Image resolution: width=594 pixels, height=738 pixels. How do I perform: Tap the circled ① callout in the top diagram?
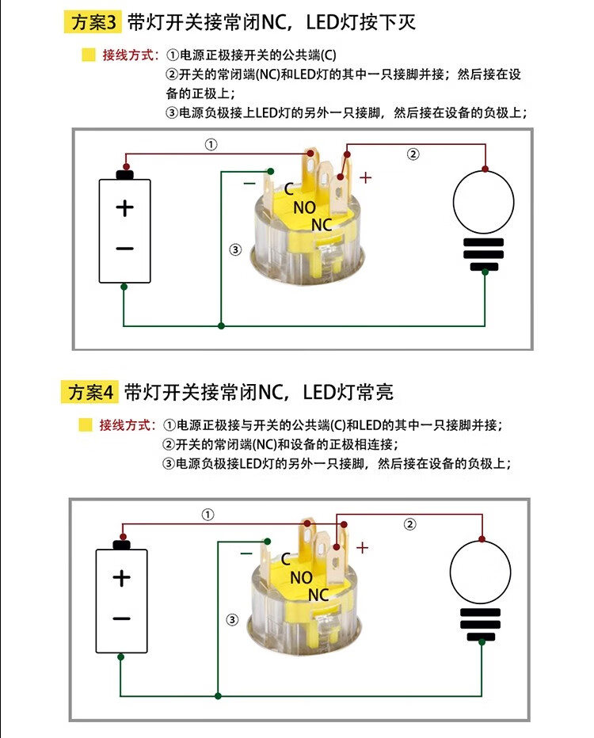click(210, 145)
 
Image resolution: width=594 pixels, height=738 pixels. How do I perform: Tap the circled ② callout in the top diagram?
click(413, 154)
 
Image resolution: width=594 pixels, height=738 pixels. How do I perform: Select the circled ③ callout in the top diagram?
click(234, 249)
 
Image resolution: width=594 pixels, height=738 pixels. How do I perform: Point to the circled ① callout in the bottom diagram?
click(208, 515)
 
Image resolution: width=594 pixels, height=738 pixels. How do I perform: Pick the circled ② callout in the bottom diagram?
click(409, 523)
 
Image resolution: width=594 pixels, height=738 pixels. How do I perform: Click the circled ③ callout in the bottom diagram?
click(232, 619)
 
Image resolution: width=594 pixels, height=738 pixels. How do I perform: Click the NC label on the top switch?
click(322, 225)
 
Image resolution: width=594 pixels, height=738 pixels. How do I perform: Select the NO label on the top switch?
click(304, 207)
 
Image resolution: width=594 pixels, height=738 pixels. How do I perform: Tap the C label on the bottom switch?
click(285, 559)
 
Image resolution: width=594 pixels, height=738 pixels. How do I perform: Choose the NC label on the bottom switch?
click(318, 595)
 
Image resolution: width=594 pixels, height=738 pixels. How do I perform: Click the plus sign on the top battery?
click(125, 208)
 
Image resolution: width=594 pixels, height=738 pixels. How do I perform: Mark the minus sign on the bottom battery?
click(121, 618)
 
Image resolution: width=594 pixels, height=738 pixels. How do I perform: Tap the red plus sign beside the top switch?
click(365, 177)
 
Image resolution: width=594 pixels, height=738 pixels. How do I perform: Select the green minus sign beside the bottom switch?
click(246, 553)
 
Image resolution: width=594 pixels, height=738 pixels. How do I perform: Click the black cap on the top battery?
click(124, 174)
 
